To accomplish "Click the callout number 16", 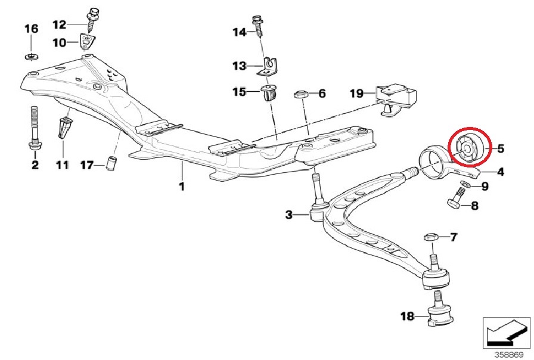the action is coord(32,29).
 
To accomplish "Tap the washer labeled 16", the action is coord(32,56).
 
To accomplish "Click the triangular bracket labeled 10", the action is coord(88,42).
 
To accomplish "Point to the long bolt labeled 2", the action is coord(34,129).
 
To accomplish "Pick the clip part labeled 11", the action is coord(64,128).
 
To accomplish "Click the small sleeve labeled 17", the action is coord(111,163).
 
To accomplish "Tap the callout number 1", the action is coord(182,187).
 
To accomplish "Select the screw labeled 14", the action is coord(258,27).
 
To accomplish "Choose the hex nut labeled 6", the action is coord(300,94).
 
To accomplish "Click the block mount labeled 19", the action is coord(397,99).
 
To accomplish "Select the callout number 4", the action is coord(500,172).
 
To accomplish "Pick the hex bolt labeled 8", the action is coord(455,200).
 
